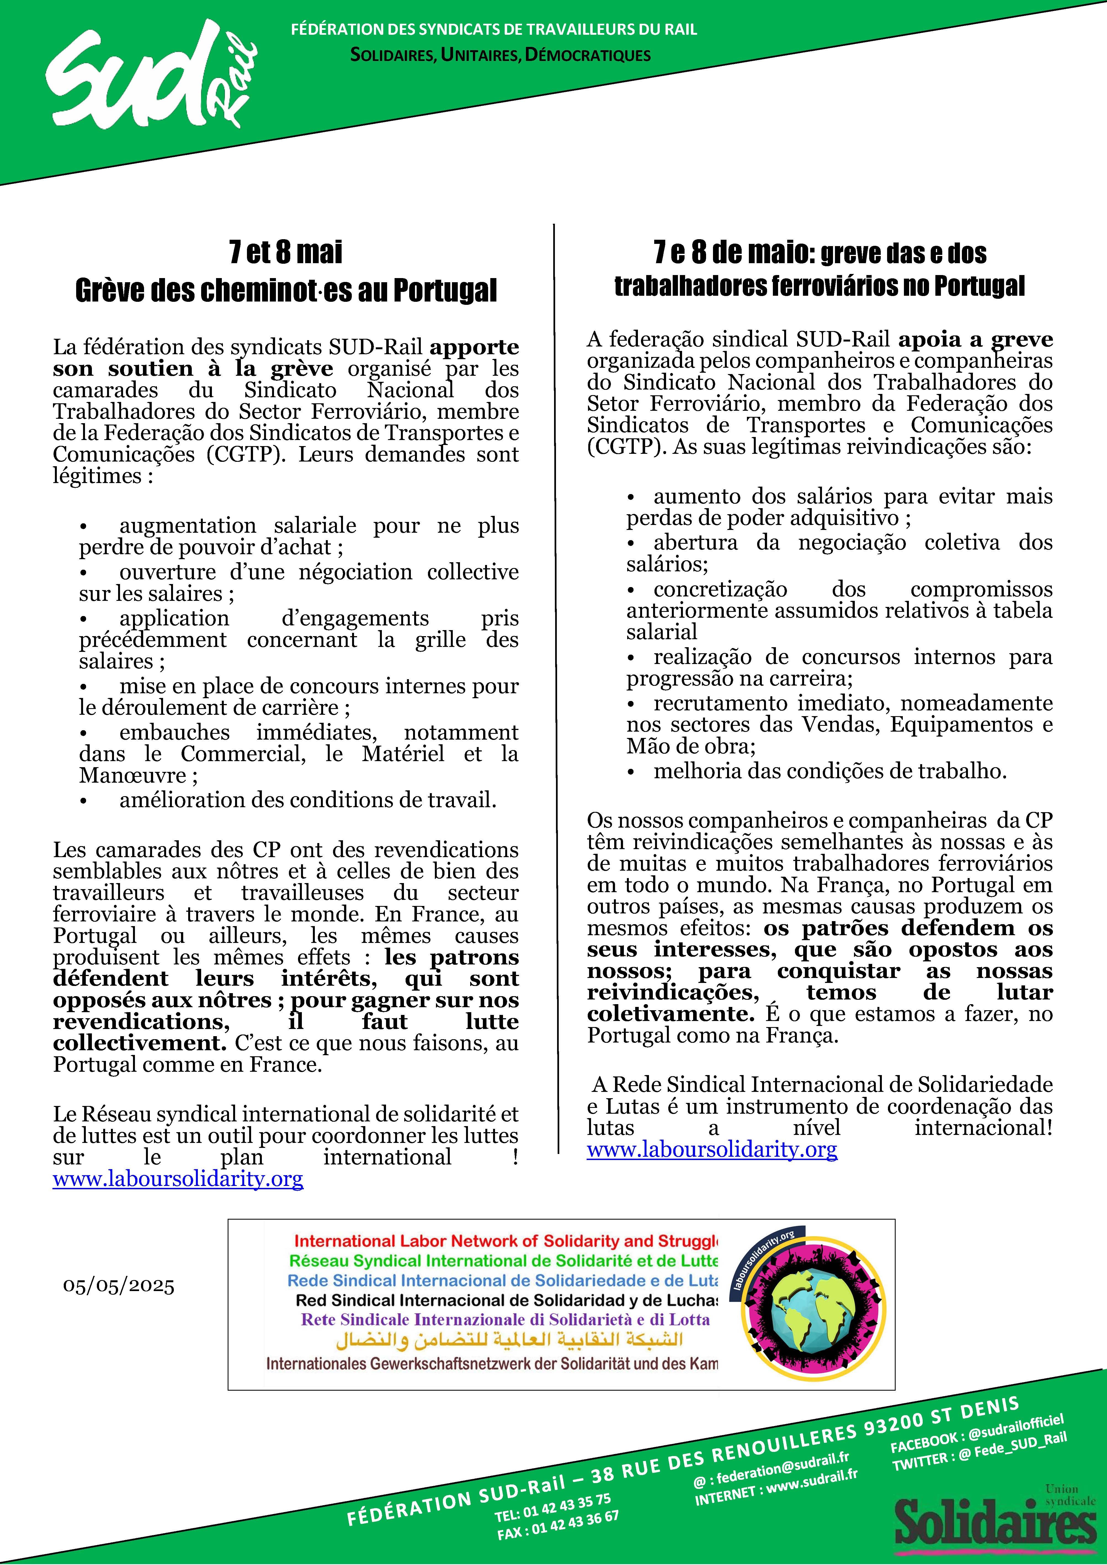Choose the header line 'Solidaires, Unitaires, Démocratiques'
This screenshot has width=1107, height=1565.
[500, 55]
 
